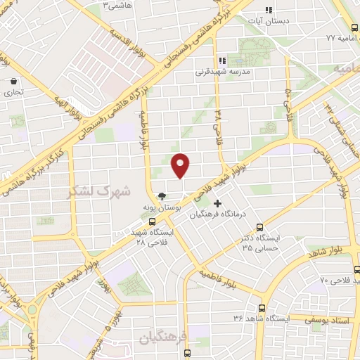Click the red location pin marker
coord(181,165)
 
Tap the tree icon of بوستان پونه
coord(163,197)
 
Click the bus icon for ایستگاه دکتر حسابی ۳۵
coord(260,227)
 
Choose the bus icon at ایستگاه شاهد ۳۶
coord(262,308)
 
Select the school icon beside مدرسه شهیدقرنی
coord(221,60)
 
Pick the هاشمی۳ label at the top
coord(118,5)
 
